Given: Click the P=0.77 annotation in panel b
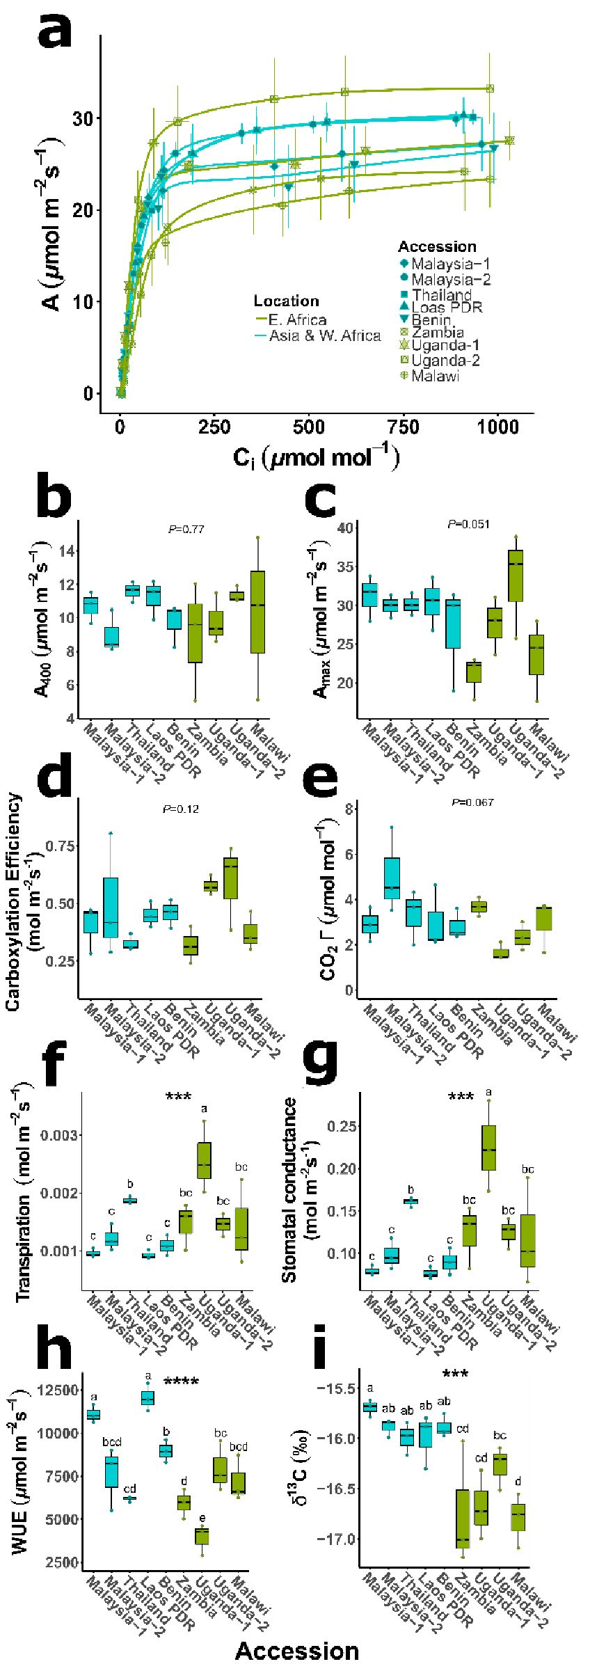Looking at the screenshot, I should (x=186, y=530).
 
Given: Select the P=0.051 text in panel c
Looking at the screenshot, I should (x=469, y=523).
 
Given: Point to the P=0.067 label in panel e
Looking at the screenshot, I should (x=472, y=802).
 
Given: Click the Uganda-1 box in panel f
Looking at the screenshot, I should (x=204, y=1160).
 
